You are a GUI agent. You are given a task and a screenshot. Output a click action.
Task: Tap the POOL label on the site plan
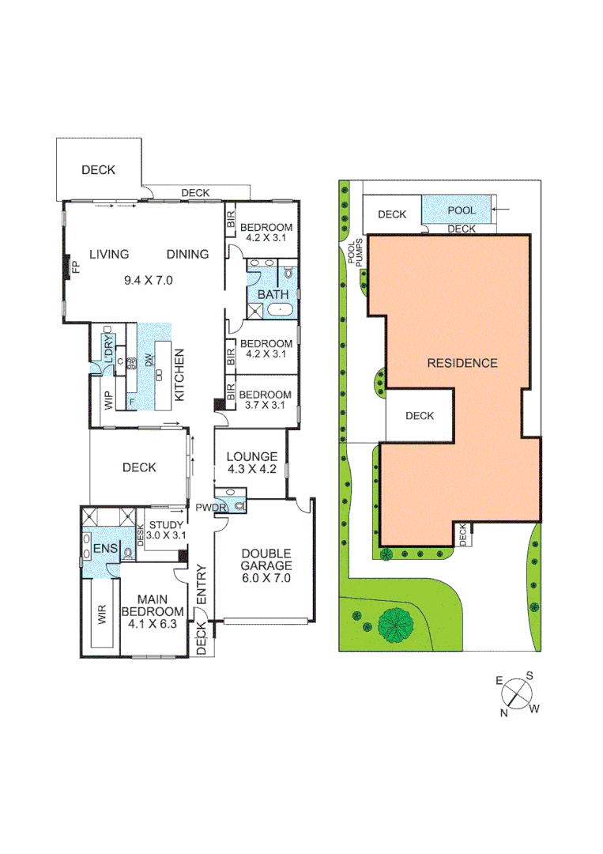(462, 210)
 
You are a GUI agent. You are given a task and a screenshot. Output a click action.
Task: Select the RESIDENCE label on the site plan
(462, 363)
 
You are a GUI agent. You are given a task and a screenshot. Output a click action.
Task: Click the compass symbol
(517, 693)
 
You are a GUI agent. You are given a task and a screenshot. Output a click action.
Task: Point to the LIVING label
(109, 254)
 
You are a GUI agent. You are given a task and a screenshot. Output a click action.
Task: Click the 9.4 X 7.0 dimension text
(149, 280)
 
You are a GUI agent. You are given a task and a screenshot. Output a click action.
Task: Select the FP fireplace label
(76, 266)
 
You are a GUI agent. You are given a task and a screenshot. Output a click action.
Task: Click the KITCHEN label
(179, 375)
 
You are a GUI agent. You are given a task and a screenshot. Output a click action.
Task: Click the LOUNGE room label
(251, 456)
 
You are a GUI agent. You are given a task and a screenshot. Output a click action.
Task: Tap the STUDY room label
(166, 524)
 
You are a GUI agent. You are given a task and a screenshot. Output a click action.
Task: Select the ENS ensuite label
(104, 549)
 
